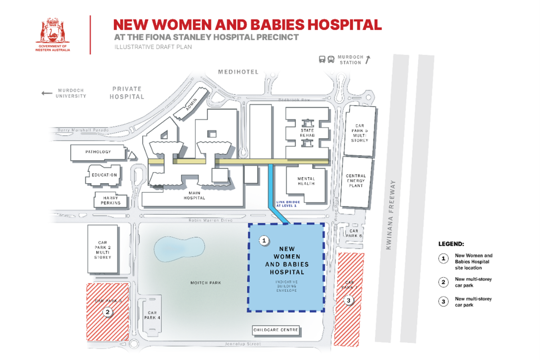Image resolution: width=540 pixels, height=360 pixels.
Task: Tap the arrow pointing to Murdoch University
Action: (x=47, y=93)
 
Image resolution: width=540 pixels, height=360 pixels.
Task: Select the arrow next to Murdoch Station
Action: (x=368, y=58)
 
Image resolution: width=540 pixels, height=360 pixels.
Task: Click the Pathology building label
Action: (x=98, y=152)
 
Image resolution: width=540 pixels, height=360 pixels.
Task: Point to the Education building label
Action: (x=104, y=175)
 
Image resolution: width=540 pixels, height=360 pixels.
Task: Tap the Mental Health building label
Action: (x=306, y=181)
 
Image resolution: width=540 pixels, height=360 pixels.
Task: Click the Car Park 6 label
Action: (x=353, y=233)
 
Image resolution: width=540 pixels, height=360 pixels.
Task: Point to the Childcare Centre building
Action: (x=276, y=330)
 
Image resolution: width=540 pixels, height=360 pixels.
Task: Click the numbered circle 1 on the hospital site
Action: (x=265, y=241)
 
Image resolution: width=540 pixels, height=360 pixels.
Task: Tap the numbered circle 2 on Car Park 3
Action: (x=107, y=311)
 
